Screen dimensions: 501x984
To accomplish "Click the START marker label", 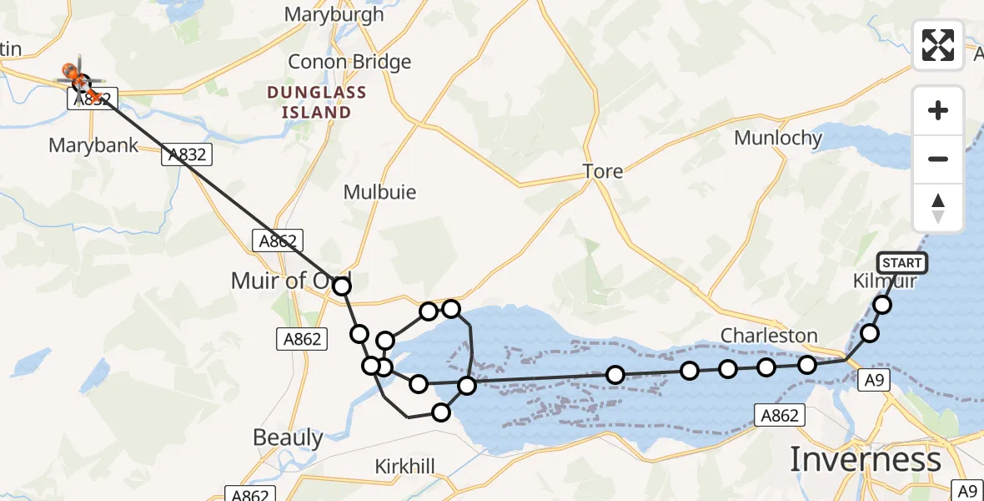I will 901,263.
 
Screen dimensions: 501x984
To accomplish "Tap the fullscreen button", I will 938,45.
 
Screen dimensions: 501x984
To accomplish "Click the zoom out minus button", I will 938,159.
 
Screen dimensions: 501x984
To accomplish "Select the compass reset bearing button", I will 938,208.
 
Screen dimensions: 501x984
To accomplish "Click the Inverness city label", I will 865,459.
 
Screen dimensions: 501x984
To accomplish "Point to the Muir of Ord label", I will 289,281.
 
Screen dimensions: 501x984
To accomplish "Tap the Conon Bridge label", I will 349,62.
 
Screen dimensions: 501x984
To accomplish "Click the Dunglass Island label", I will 309,102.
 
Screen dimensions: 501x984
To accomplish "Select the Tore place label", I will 603,171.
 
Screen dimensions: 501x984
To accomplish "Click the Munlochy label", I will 778,138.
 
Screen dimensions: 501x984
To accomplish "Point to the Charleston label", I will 769,336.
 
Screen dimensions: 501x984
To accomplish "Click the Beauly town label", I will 288,438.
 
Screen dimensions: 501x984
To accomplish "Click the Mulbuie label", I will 379,192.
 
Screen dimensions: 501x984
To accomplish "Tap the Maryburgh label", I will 334,14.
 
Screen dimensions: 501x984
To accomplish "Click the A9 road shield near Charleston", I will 873,381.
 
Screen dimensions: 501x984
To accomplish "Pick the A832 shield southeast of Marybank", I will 185,154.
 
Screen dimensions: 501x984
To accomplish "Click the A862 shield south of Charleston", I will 779,415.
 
